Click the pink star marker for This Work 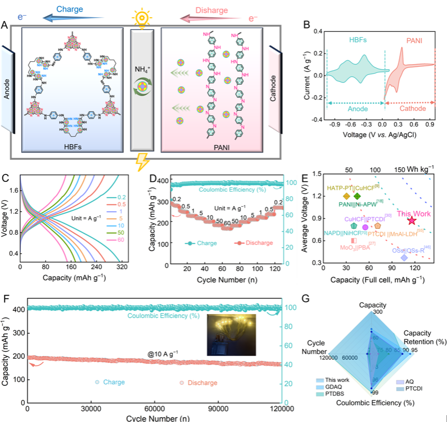click(x=411, y=221)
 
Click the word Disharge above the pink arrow click(x=213, y=9)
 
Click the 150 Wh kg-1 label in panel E click(x=413, y=169)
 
